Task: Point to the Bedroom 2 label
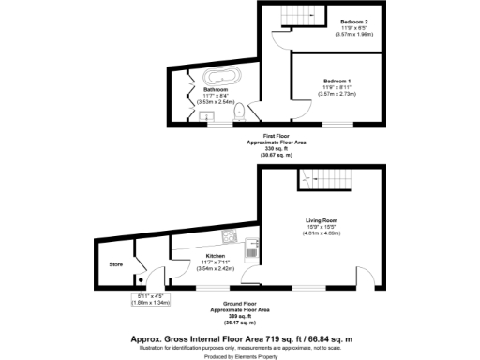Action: click(x=353, y=21)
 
